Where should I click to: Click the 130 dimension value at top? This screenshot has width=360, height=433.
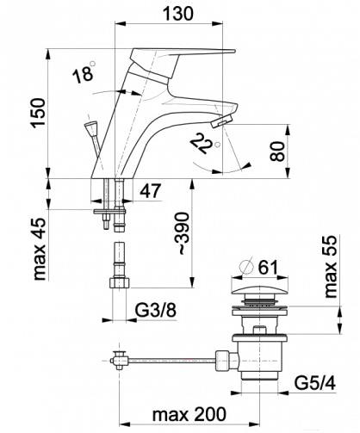(178, 14)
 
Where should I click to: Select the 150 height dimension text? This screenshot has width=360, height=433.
(39, 113)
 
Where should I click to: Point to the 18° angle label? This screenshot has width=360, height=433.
(84, 72)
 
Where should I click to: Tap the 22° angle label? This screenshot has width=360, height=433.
(204, 143)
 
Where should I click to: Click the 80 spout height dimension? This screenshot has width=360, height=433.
(277, 152)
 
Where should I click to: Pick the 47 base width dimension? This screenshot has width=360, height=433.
(151, 191)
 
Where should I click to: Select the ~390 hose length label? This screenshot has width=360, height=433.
(183, 233)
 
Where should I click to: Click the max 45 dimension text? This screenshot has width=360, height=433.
(40, 249)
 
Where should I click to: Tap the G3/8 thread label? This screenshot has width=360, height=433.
(155, 310)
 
